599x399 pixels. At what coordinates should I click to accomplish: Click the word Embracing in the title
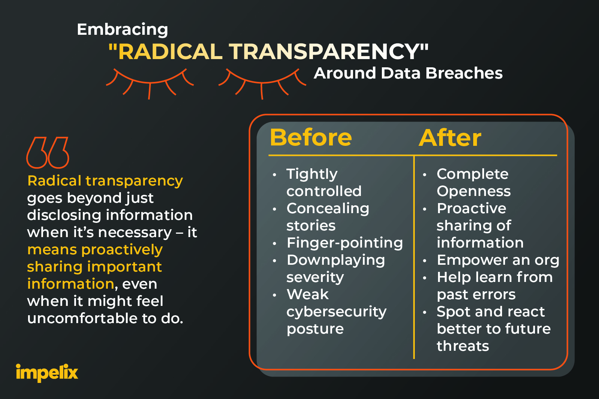(122, 30)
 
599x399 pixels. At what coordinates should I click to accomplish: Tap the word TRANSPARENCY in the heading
(324, 51)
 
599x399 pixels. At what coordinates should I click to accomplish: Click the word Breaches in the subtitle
(464, 73)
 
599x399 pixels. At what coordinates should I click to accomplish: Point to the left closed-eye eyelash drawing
(150, 83)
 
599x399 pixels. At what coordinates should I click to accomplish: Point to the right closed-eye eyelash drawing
(262, 83)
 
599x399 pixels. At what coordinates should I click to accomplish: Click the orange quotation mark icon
(48, 153)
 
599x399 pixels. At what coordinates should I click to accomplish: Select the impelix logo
(47, 373)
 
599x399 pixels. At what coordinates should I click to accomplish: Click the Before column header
(311, 138)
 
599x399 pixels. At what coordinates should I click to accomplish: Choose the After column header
(450, 138)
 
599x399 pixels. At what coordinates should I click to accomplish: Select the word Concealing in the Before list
(328, 209)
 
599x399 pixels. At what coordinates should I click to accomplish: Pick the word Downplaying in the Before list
(336, 261)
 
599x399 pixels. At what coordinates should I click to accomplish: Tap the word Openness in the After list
(474, 191)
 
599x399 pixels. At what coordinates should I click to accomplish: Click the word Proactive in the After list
(471, 208)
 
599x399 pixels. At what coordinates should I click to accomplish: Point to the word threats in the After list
(463, 346)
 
